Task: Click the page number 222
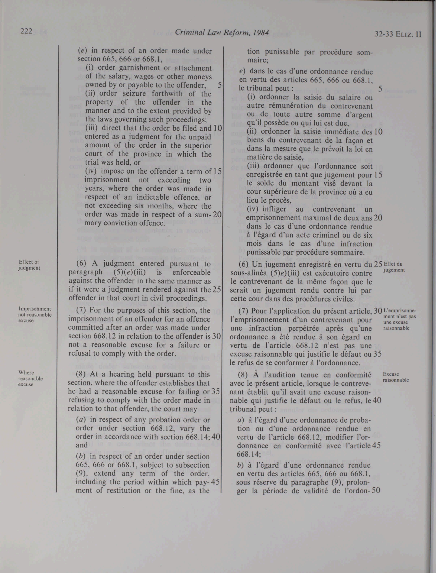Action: point(26,31)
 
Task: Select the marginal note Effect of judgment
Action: point(29,265)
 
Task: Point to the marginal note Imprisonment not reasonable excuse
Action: point(35,315)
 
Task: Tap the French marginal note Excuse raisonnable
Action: point(396,377)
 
